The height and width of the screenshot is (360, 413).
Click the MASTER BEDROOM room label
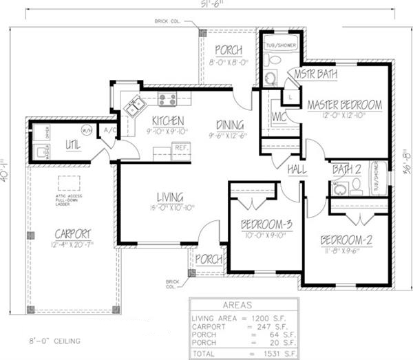[x=344, y=105]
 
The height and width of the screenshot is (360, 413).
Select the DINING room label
[x=229, y=125]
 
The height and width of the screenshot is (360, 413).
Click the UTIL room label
[x=74, y=144]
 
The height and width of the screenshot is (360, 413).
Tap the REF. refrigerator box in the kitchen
[x=182, y=147]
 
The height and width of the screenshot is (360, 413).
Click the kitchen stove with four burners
[x=167, y=100]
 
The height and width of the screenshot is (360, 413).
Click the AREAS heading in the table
[x=237, y=304]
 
